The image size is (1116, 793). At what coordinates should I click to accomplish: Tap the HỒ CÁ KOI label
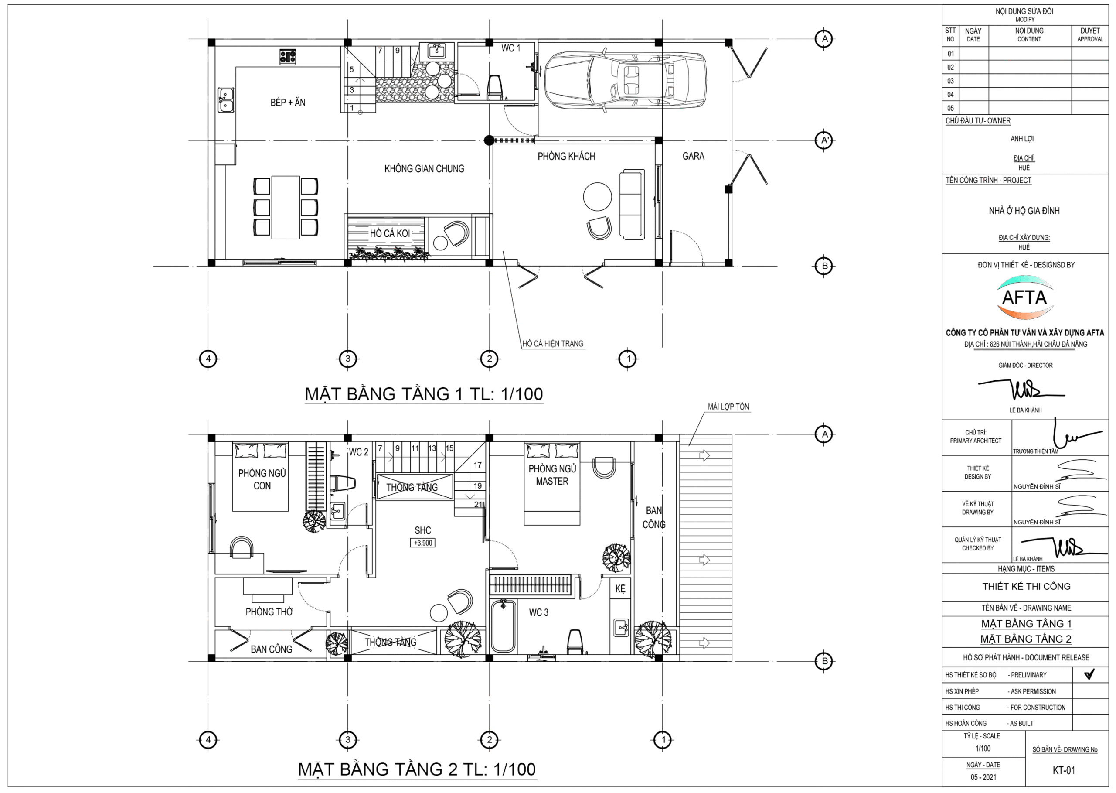coord(389,233)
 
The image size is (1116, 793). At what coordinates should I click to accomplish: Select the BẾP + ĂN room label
coord(288,103)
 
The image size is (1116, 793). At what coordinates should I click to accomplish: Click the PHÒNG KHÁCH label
coord(566,156)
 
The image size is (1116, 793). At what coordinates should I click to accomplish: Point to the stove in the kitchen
coord(288,57)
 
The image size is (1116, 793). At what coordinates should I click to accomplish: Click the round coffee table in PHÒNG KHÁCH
coord(597,197)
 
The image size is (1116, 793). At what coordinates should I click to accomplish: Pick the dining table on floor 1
coord(286,208)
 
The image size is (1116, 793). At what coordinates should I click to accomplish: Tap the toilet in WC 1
coord(495,87)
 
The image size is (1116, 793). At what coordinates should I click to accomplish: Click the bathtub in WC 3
coord(504,626)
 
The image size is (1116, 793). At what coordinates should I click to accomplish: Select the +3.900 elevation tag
coord(422,543)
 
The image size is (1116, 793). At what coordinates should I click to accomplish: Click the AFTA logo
coord(1025,297)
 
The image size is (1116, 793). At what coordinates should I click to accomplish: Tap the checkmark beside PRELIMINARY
coord(1089,674)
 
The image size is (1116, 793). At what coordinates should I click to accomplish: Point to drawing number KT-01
coord(1064,771)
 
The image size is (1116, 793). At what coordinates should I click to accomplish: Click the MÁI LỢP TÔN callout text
coord(728,407)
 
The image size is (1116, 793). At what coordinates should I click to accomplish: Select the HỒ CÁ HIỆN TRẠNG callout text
coord(553,344)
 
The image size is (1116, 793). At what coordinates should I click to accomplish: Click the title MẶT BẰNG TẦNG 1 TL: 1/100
coord(424,394)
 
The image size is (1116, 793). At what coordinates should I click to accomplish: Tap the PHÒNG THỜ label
coord(269,612)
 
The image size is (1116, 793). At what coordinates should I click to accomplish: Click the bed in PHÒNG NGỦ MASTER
coord(552,483)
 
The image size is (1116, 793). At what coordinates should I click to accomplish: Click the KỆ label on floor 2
coord(620,589)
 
